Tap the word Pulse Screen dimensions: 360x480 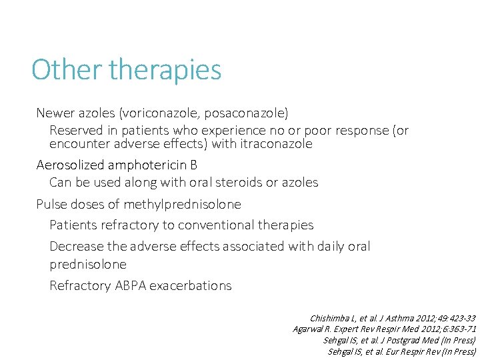pyautogui.click(x=51, y=204)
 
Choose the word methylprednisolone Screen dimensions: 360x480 pyautogui.click(x=177, y=204)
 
